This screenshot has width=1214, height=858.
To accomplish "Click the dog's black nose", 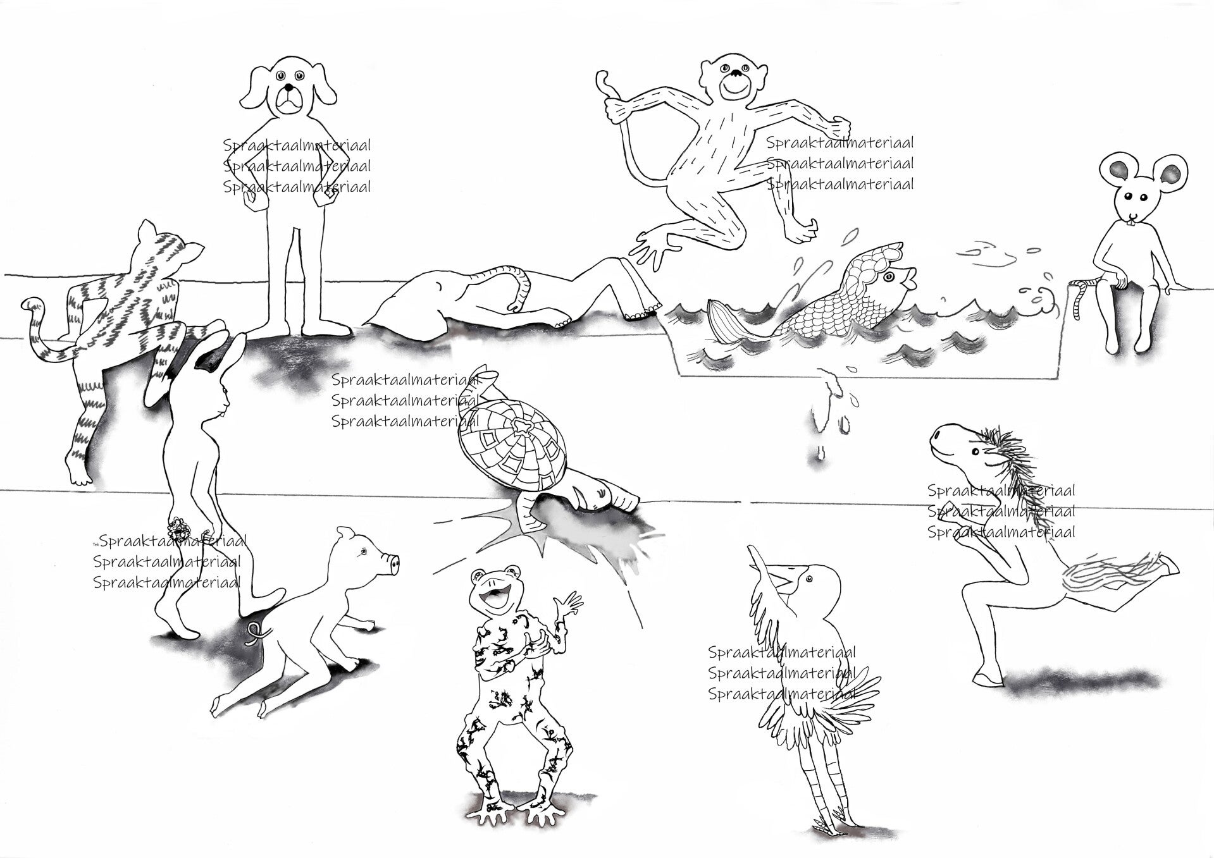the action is click(288, 87).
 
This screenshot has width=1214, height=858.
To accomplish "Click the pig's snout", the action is click(393, 562).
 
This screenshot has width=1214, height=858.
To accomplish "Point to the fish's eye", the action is click(888, 276).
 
